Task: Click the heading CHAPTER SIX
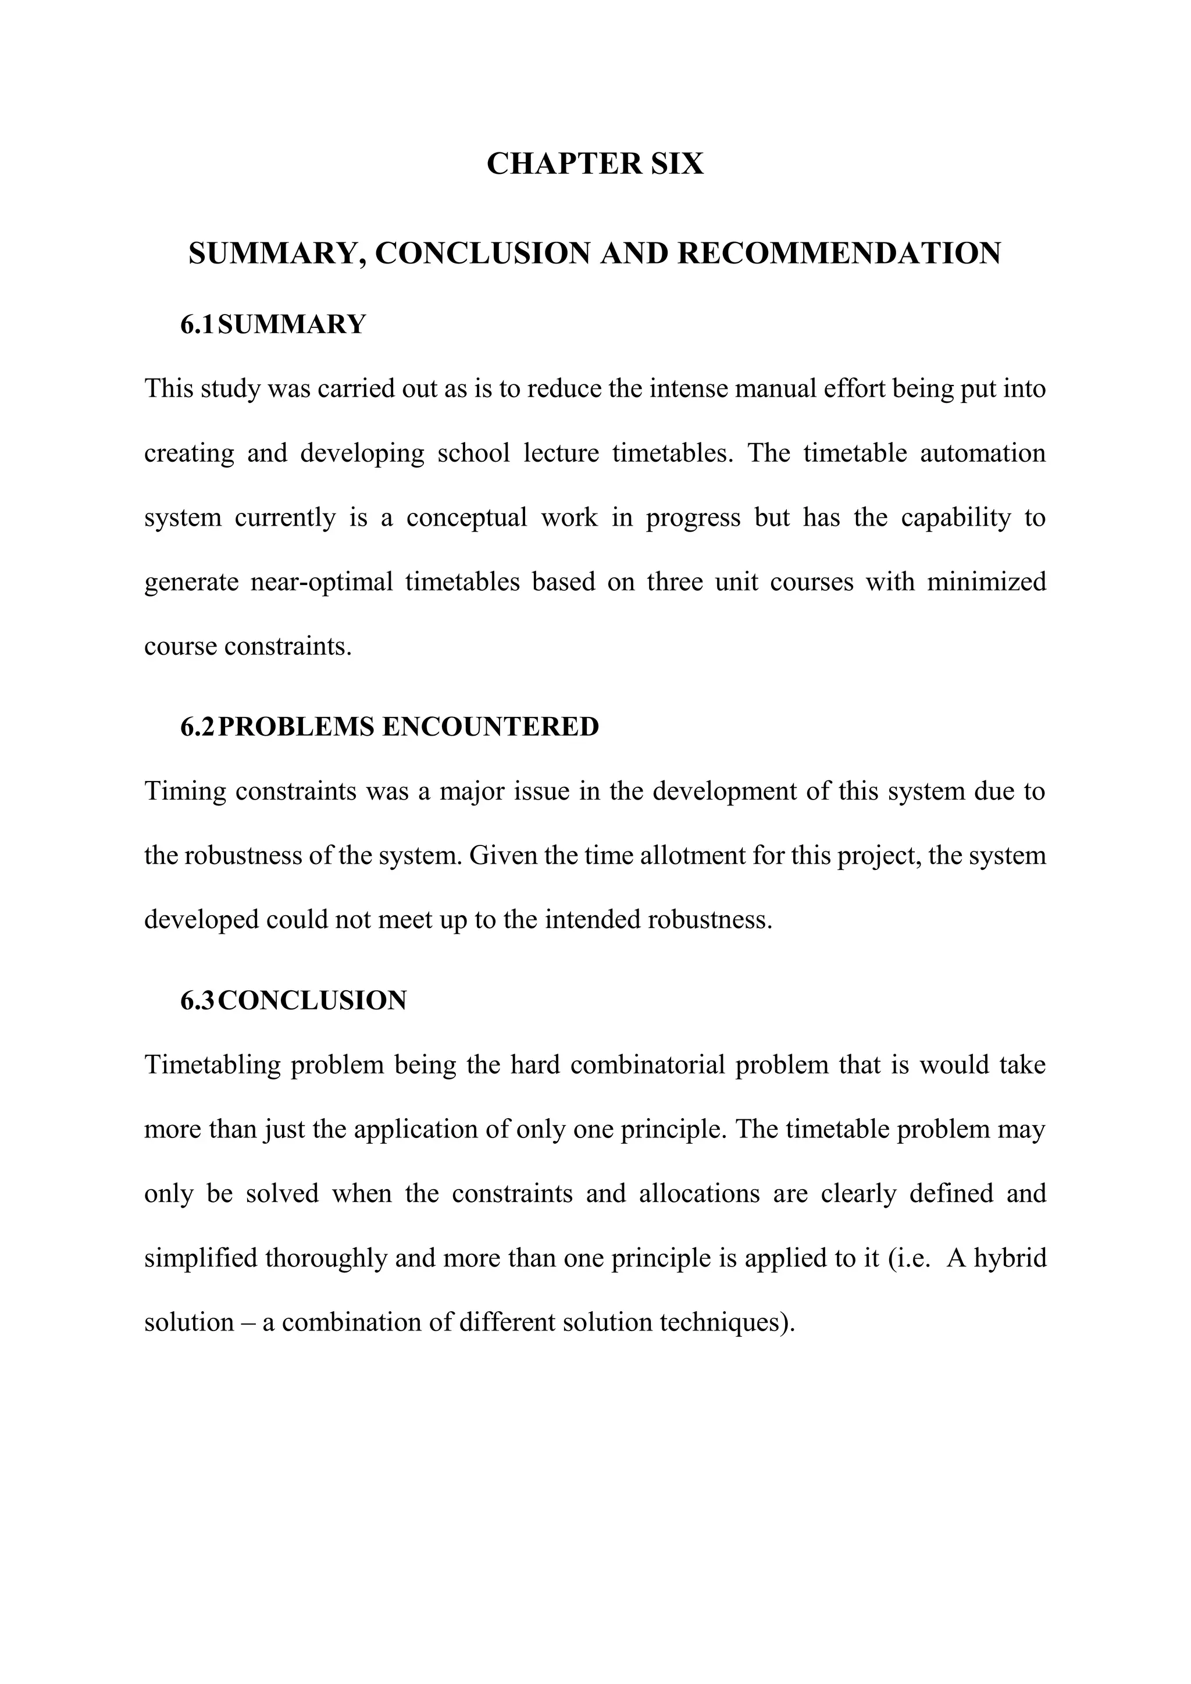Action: pyautogui.click(x=595, y=163)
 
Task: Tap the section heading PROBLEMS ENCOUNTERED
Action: pyautogui.click(x=408, y=727)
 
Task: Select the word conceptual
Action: pyautogui.click(x=466, y=517)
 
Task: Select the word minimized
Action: pyautogui.click(x=986, y=581)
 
